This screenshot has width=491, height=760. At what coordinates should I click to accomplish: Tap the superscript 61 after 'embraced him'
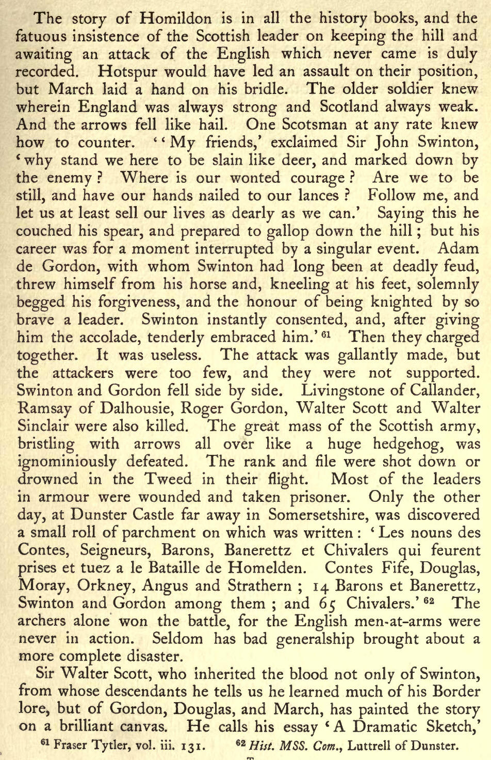[x=325, y=334]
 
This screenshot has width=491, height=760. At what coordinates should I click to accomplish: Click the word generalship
[x=315, y=639]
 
